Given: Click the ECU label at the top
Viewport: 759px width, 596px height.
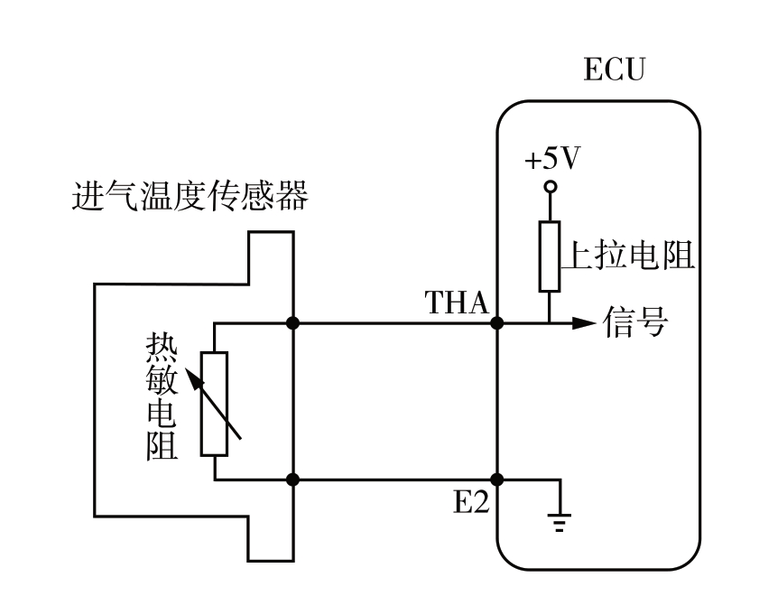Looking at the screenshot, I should [x=616, y=70].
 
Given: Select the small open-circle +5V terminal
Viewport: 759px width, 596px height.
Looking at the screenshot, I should [x=550, y=188].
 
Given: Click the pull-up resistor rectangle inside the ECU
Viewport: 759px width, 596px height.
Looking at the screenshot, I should [x=550, y=257].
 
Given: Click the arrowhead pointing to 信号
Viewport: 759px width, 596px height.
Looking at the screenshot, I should [x=587, y=322].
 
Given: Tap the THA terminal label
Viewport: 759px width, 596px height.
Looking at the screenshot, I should [x=457, y=303].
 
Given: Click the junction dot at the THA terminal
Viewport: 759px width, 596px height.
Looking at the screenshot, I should [x=496, y=322].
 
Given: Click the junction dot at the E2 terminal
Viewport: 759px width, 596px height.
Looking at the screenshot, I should [x=496, y=480].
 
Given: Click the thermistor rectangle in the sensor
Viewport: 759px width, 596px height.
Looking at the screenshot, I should [x=215, y=403].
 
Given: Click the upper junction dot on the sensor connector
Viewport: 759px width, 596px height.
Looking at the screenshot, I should [x=292, y=322].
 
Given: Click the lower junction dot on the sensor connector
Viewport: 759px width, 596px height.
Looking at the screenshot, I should [x=292, y=480].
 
